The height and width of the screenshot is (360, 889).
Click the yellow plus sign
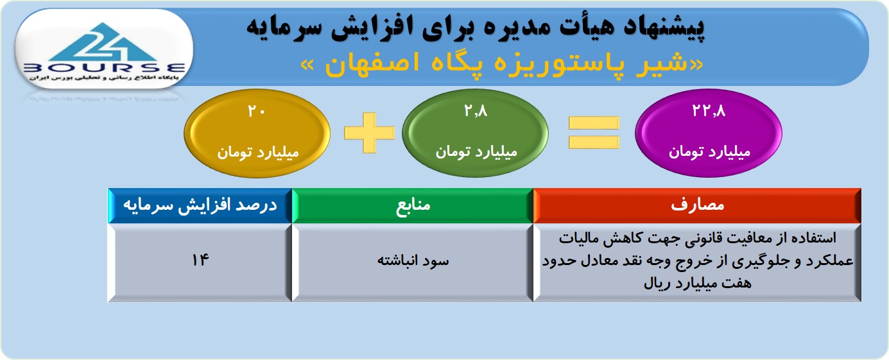370,133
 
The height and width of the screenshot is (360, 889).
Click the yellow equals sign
594,133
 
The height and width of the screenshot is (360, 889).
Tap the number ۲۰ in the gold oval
256,111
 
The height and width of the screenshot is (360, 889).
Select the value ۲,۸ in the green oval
476,111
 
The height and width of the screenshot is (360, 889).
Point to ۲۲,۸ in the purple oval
709,110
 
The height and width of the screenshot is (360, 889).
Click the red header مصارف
697,205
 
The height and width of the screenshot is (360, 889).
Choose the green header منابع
413,205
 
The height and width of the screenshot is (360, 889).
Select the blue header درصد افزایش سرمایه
200,205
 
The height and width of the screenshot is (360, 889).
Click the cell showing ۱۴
200,262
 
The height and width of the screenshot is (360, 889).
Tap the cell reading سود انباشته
413,262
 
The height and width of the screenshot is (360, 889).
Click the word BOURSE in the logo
104,67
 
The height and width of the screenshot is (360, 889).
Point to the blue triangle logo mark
104,42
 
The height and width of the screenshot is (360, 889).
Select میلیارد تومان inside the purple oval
709,151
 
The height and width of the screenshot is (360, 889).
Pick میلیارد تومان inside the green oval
476,151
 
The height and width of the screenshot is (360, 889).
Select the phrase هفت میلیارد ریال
697,284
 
